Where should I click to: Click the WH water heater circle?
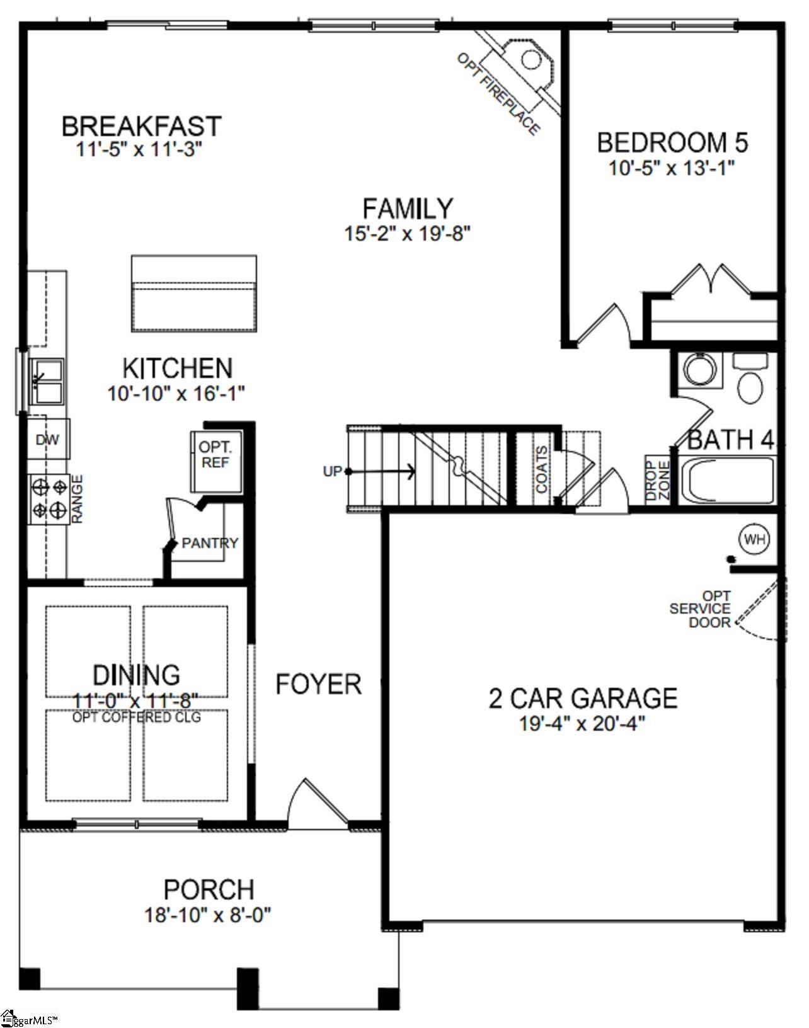click(754, 539)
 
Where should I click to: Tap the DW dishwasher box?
click(48, 439)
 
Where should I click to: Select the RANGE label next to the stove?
click(77, 499)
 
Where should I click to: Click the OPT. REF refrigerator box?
click(215, 455)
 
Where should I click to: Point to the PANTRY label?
click(210, 543)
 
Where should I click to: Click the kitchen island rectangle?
click(194, 294)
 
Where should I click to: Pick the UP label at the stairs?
click(332, 471)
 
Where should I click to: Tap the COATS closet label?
click(541, 470)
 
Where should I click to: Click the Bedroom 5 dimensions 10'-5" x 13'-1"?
click(672, 168)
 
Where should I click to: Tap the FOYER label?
click(318, 684)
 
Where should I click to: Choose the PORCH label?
click(209, 889)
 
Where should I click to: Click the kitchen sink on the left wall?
click(48, 382)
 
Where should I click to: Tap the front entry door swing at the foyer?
click(318, 806)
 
